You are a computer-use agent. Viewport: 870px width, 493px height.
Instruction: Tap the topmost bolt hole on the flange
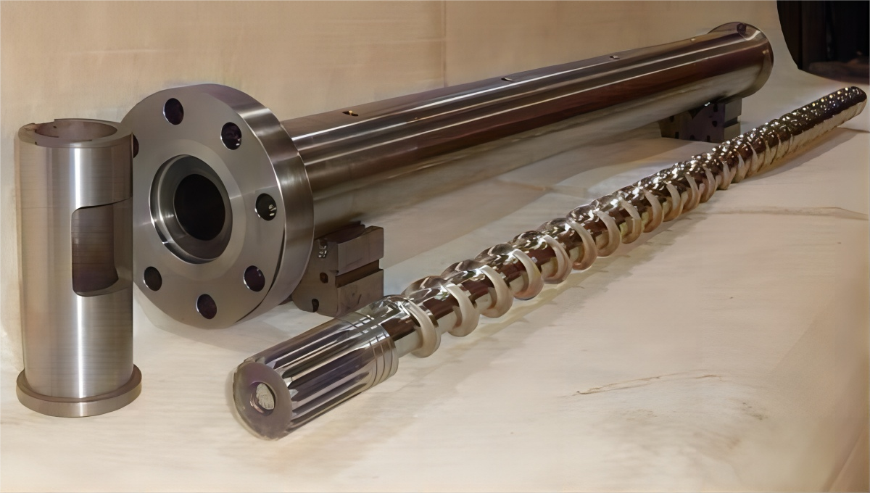173,110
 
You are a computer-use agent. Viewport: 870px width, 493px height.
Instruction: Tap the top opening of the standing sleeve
69,131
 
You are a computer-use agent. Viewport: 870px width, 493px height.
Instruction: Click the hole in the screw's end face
262,397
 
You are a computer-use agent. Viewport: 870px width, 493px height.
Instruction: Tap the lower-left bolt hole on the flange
152,278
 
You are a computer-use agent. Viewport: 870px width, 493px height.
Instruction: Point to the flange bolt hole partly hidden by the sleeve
135,145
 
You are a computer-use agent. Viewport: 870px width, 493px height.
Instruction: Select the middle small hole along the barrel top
507,78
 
